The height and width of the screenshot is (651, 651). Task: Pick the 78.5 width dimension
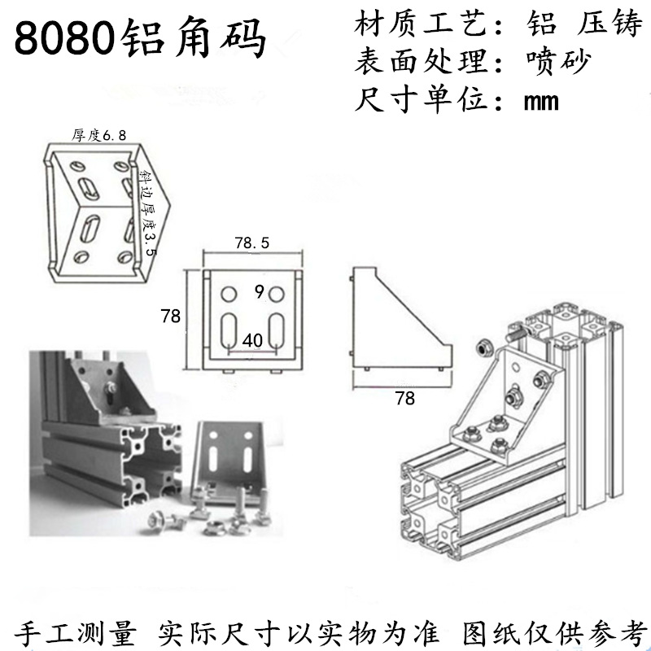(x=251, y=243)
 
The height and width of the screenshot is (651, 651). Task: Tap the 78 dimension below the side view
(x=404, y=398)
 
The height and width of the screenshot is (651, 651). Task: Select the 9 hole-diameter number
(x=257, y=291)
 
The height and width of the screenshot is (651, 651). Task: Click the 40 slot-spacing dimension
(x=252, y=343)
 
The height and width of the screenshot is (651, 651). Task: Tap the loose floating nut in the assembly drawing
(x=481, y=347)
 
